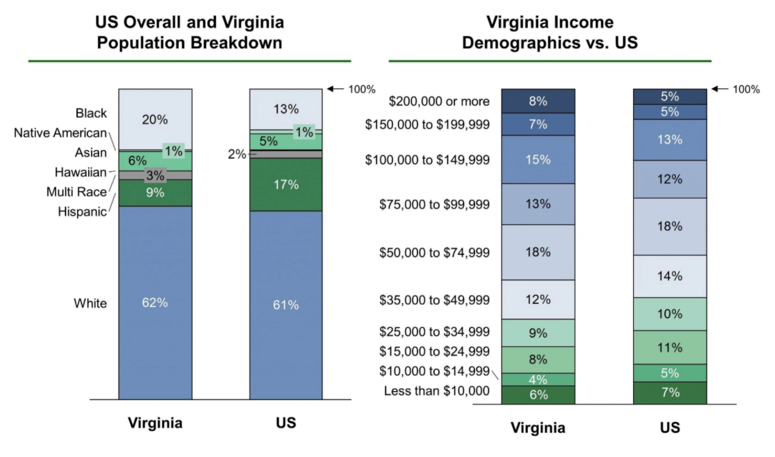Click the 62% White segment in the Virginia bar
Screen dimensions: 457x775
pyautogui.click(x=155, y=302)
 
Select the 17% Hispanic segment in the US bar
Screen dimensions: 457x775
pyautogui.click(x=286, y=185)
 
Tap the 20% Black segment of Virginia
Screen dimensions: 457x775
pyautogui.click(x=155, y=119)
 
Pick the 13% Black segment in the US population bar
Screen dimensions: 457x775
pyautogui.click(x=286, y=109)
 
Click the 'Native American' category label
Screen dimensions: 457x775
pyautogui.click(x=60, y=133)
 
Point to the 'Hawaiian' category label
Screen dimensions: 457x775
pyautogui.click(x=81, y=172)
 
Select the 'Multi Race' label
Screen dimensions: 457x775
pyautogui.click(x=76, y=192)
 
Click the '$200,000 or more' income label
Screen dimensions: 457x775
pyautogui.click(x=439, y=101)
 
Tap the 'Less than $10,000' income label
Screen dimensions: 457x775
pyautogui.click(x=436, y=392)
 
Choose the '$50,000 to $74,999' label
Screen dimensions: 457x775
pyautogui.click(x=434, y=253)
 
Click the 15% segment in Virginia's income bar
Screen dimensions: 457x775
pyautogui.click(x=538, y=159)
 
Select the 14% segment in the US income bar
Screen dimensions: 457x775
pyautogui.click(x=670, y=276)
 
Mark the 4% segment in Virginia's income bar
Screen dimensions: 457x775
pyautogui.click(x=538, y=379)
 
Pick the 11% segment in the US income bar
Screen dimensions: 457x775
pyautogui.click(x=670, y=348)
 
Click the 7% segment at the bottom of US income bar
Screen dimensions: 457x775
pyautogui.click(x=670, y=393)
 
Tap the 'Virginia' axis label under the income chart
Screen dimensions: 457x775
pyautogui.click(x=538, y=428)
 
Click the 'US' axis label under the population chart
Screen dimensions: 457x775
pyautogui.click(x=286, y=423)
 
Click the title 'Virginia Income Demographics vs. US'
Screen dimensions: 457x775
pyautogui.click(x=549, y=32)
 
